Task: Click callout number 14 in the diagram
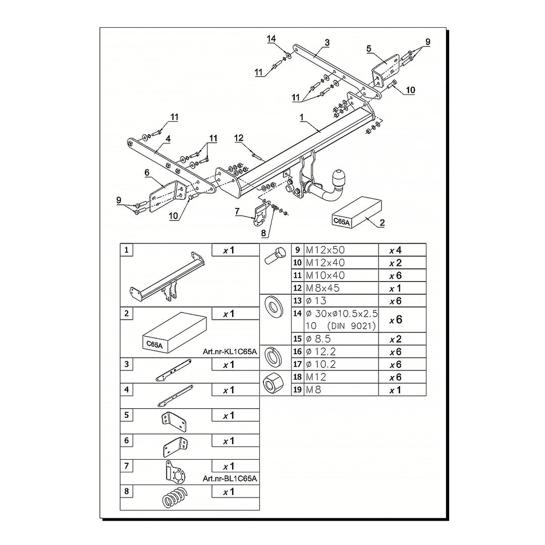tap(272, 39)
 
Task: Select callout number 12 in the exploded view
tap(239, 138)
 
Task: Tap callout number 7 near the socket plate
tap(238, 211)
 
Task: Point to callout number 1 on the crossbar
tap(302, 117)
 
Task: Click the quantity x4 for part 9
tap(395, 250)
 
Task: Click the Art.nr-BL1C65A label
tap(230, 478)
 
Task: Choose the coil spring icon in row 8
tap(175, 497)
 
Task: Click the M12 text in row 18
tap(316, 377)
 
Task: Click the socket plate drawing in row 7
tap(174, 472)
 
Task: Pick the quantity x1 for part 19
tap(395, 390)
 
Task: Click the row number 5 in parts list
tap(126, 415)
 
